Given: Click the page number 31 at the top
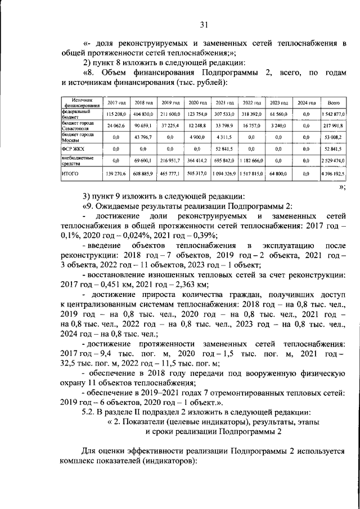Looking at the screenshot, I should (203, 24).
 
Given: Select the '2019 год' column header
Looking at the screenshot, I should (169, 103).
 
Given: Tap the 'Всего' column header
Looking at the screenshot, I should (332, 103).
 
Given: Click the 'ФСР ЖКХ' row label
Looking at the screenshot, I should (70, 149).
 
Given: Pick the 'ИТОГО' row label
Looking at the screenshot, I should (69, 174).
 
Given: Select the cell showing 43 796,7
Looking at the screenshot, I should (143, 137).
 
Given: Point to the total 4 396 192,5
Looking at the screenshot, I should (332, 174).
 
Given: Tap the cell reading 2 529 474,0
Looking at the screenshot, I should (332, 161).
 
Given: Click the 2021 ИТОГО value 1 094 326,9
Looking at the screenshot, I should (224, 174).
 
